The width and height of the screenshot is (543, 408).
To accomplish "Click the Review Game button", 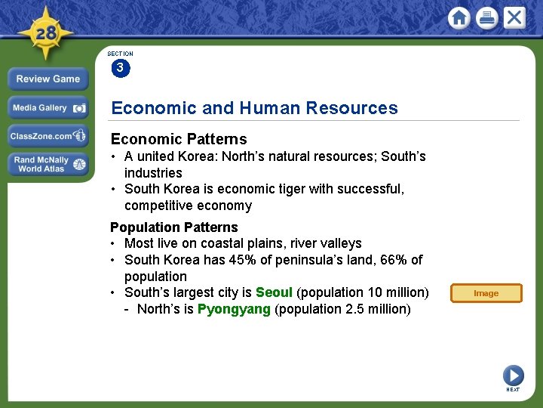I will (48, 79).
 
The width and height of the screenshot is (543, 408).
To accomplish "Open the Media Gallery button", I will (48, 108).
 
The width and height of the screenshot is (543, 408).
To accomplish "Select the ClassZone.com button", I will (48, 136).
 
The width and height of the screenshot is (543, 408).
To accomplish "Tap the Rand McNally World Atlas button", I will (48, 164).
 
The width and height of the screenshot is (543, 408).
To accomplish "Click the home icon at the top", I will (459, 18).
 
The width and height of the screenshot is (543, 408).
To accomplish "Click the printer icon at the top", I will (486, 18).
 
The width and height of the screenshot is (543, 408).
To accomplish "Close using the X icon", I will (514, 18).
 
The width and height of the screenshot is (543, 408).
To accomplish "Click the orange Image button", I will (486, 293).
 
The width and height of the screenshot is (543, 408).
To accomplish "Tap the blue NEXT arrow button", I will (513, 375).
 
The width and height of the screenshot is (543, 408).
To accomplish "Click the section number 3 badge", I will (120, 69).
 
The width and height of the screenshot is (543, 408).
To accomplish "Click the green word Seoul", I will (274, 292).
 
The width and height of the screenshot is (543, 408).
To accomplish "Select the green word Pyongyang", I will (234, 309).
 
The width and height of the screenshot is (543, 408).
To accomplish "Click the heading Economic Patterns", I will (179, 139).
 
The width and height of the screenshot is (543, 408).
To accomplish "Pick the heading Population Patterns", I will (173, 227).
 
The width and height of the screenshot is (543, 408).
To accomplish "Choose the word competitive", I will (158, 206).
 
